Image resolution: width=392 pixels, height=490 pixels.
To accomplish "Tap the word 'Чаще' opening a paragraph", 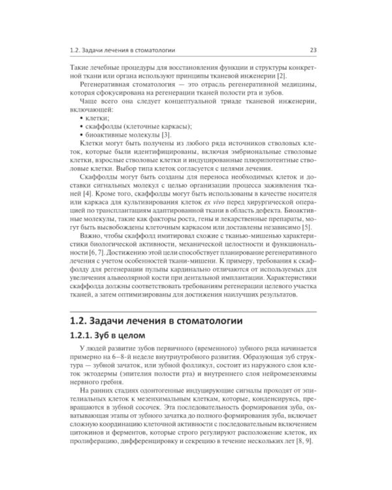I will click(x=88, y=103).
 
